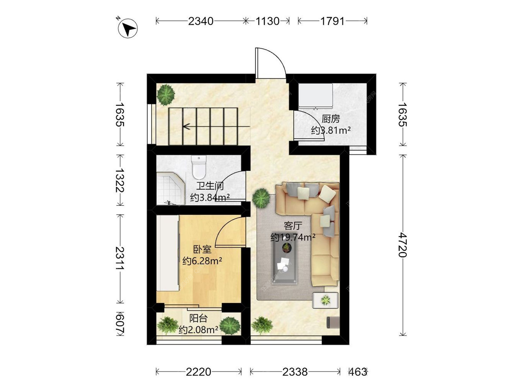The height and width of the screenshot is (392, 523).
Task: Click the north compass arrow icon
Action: coord(127,28)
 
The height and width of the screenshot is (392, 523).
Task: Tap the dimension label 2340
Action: coord(201,21)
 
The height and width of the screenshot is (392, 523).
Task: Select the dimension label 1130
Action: coord(267,21)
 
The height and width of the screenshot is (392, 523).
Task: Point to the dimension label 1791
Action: coord(333,21)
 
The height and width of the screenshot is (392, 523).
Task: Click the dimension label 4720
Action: coord(403,245)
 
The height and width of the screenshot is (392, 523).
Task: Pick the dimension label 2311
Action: coord(120,258)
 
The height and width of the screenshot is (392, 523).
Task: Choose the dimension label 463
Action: coord(358,372)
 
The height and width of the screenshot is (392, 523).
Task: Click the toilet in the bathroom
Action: coord(199,167)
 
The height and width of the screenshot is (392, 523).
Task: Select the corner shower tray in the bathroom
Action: coord(171,188)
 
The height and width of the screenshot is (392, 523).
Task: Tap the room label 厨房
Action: coord(331,119)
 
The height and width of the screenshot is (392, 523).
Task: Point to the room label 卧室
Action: coord(202,249)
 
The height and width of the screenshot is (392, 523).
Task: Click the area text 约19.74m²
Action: coord(293,237)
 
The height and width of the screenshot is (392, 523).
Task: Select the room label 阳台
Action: coord(198,318)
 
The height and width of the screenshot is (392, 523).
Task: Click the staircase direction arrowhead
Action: coord(187,126)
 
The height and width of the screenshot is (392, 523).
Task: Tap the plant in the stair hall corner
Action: coord(166,94)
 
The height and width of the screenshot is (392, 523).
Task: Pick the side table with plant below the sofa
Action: coord(325,300)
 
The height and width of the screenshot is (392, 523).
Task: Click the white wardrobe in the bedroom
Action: coord(168,253)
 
